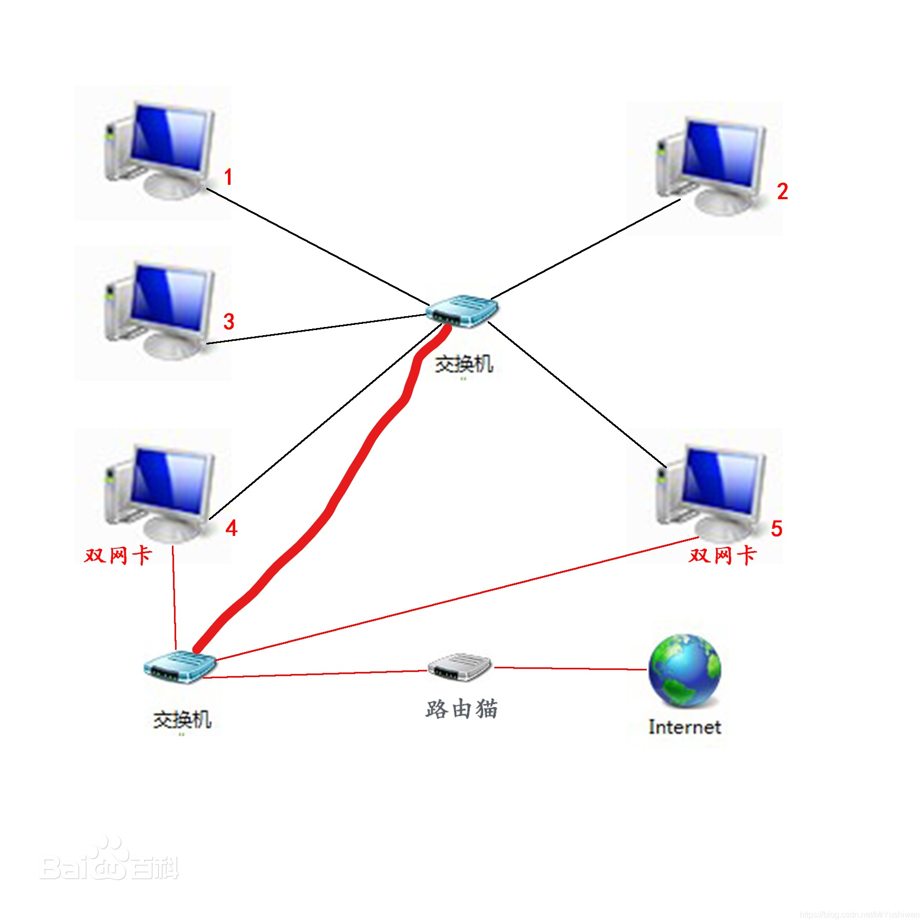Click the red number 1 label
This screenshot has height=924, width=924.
tap(228, 178)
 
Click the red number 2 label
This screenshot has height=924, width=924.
tap(782, 191)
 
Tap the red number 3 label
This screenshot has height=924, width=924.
tap(228, 322)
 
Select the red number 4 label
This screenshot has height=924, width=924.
tap(231, 528)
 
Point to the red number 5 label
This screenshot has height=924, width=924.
tap(776, 528)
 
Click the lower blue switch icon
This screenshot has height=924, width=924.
tap(180, 666)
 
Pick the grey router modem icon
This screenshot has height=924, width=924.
tap(460, 667)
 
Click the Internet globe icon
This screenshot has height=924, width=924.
tap(684, 670)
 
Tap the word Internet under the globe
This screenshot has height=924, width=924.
tap(684, 727)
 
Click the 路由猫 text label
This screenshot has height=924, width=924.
tap(461, 709)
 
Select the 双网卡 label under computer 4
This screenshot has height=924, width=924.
tap(118, 555)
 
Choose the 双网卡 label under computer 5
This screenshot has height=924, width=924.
tap(722, 555)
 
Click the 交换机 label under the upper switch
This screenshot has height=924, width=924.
tap(464, 364)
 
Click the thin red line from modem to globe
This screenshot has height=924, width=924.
tap(570, 668)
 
